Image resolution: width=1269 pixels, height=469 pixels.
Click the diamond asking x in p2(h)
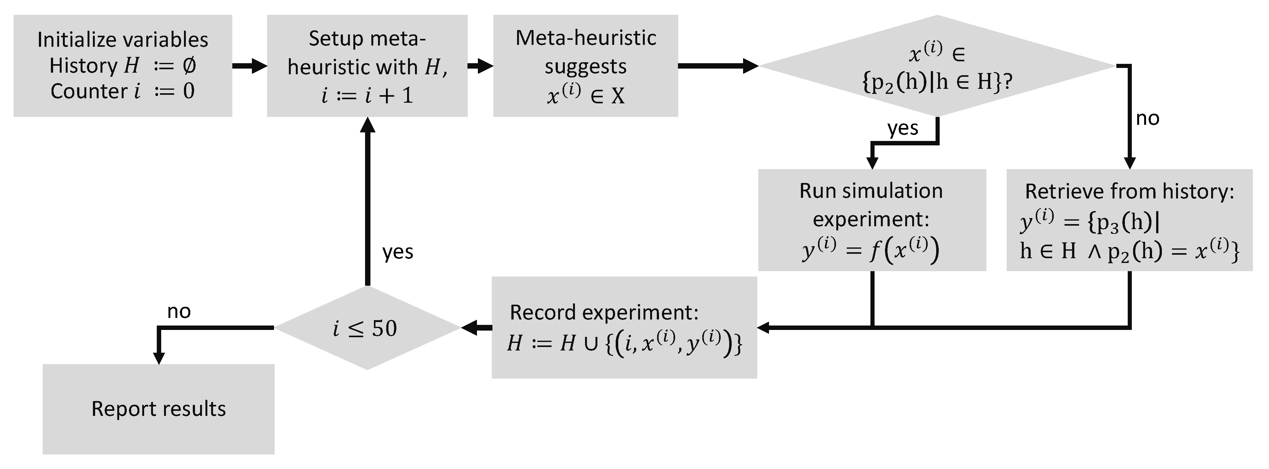[x=936, y=66]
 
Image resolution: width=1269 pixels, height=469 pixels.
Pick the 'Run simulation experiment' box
[x=871, y=220]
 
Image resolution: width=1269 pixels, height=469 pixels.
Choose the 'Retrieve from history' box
[x=1129, y=220]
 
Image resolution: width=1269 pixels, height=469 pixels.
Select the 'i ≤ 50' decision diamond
[x=367, y=328]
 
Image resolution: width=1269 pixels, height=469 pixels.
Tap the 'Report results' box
[x=158, y=409]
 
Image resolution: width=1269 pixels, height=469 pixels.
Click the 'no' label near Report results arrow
[x=179, y=311]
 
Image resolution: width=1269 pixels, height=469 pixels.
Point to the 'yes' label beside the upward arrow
[x=398, y=252]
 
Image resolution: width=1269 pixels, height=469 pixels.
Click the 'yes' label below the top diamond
[x=902, y=128]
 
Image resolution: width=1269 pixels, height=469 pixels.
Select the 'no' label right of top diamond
[x=1147, y=118]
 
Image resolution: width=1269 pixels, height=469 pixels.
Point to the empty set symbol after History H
[x=189, y=65]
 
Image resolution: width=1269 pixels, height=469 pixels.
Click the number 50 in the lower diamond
[x=384, y=329]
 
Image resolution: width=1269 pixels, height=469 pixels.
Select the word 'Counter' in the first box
[x=89, y=91]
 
